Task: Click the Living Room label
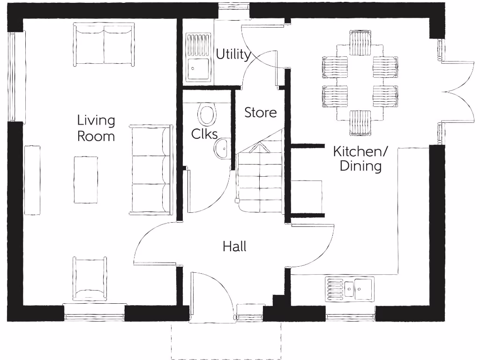(x=96, y=128)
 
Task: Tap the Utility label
(x=232, y=55)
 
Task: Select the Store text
(x=261, y=113)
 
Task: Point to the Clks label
(x=204, y=134)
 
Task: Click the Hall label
(x=234, y=247)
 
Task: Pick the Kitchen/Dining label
(x=360, y=158)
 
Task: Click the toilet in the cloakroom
(x=206, y=114)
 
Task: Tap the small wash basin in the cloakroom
(x=221, y=149)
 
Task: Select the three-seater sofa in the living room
(x=151, y=170)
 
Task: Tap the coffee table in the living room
(x=86, y=180)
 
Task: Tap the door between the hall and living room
(x=155, y=244)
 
